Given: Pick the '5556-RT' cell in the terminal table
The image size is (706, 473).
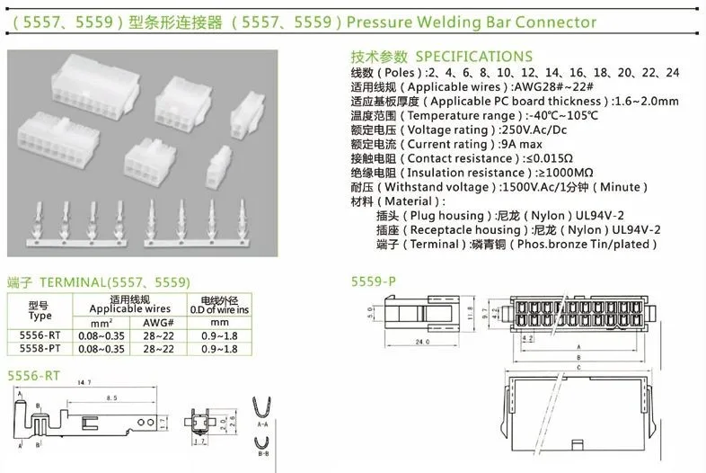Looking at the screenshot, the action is pos(40,335).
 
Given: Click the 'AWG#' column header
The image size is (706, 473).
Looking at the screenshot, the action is pos(158,320).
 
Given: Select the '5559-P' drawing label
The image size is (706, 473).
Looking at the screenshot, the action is pos(373,281).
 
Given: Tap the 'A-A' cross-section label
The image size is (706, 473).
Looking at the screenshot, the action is pos(262,423).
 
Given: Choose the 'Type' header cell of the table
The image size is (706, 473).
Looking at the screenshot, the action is pos(40,316).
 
